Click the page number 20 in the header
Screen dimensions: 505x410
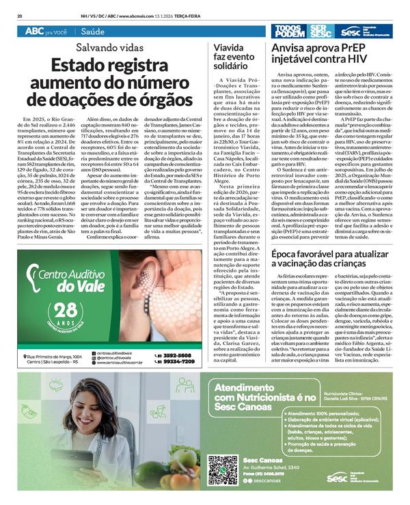point(20,14)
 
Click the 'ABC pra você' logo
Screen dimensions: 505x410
point(46,32)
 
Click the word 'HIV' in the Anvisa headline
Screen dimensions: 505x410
point(369,61)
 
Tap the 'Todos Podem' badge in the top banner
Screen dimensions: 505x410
point(288,31)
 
